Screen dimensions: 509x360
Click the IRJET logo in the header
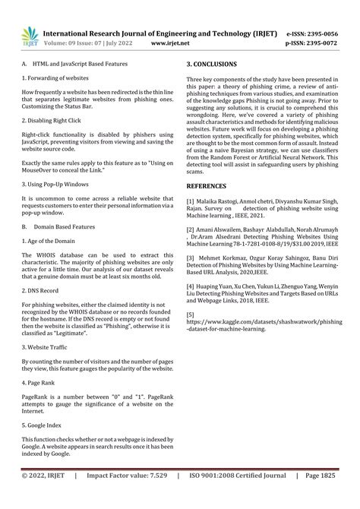[29, 34]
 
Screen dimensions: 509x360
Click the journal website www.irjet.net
[169, 44]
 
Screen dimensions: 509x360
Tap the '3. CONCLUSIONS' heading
[212, 65]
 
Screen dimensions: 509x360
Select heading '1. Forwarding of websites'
[55, 78]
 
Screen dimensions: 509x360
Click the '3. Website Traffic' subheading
[47, 346]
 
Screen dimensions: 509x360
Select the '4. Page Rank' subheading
[40, 382]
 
